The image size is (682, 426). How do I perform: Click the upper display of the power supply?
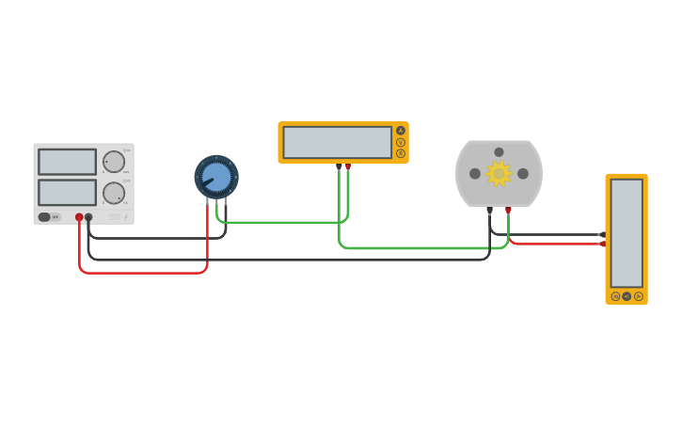67,162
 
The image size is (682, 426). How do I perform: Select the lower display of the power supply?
67,193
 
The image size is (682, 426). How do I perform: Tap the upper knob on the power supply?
114,162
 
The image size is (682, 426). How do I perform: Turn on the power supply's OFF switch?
49,217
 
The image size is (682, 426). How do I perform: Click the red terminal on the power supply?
79,217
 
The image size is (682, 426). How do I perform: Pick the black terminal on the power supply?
88,217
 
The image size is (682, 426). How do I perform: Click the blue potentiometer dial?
216,177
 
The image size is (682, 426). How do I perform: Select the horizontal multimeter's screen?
337,142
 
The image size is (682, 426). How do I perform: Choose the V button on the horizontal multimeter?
401,142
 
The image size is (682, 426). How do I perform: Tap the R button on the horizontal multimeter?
401,153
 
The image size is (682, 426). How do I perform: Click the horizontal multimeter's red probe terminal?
348,166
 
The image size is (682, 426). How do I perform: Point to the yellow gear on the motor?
498,173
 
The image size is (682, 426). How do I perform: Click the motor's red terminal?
508,210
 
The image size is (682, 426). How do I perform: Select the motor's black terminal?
489,210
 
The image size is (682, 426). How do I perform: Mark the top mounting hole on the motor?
499,152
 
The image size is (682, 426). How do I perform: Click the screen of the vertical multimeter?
626,233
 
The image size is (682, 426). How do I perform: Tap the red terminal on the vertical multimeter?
603,244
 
